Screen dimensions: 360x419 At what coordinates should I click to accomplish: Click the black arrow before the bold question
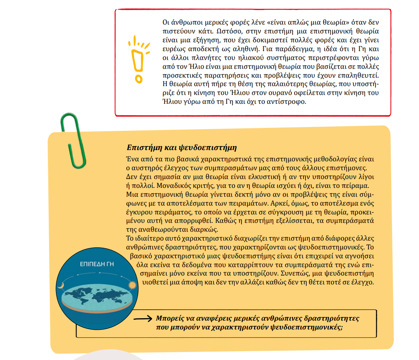click(x=143, y=319)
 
